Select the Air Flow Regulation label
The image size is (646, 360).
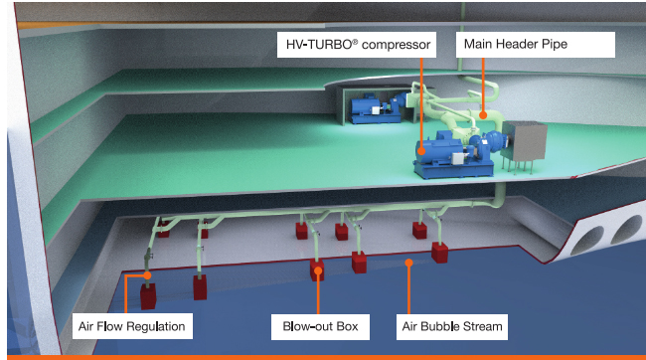[x=132, y=324]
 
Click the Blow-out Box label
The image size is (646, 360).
[x=318, y=324]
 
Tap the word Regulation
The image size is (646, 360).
[x=157, y=324]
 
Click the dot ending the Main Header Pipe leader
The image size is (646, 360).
[x=484, y=115]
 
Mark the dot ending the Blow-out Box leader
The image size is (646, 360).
[x=318, y=269]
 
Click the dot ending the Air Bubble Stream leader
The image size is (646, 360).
[x=408, y=263]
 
